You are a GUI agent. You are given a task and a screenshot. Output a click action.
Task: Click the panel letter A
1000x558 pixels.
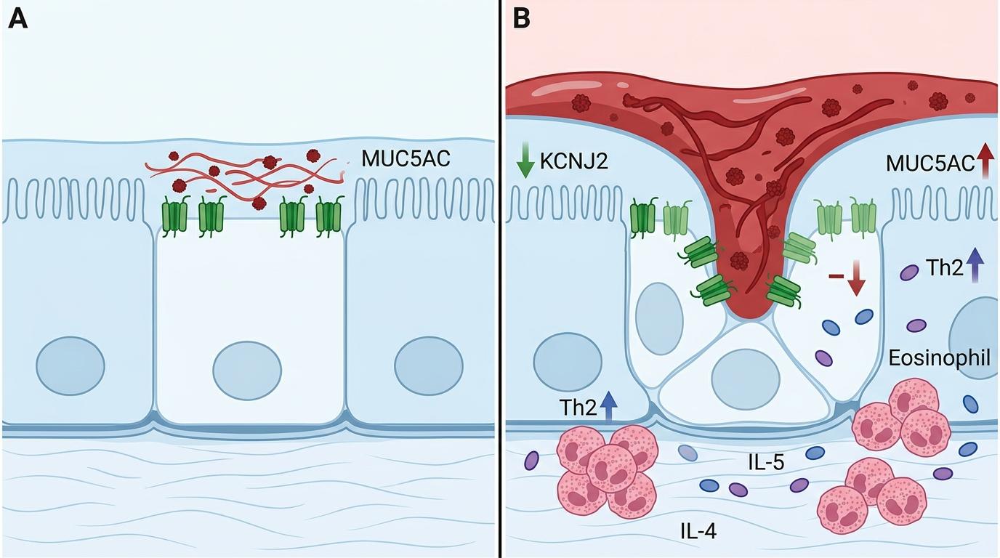pos(18,20)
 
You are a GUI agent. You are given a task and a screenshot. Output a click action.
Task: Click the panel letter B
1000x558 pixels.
pos(521,20)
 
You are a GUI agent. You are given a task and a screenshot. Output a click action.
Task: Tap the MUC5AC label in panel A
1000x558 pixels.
pos(406,158)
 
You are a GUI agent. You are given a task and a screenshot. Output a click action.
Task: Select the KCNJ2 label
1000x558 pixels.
pos(573,161)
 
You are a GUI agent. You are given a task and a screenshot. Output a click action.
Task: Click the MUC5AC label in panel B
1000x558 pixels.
pos(930,163)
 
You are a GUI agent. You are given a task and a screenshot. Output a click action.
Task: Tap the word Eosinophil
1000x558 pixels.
pos(939,357)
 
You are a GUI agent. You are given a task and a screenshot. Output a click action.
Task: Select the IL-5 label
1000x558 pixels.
pos(766,463)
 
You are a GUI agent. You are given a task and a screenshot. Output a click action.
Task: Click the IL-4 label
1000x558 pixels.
pos(698,531)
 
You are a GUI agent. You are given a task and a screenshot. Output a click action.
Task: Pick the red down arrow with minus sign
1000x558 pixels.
pos(847,278)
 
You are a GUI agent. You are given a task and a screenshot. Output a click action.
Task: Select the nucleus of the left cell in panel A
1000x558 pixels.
pos(70,366)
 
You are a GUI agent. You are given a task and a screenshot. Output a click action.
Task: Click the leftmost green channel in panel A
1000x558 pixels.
pos(174,215)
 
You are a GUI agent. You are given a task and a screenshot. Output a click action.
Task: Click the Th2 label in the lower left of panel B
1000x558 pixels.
pos(578,408)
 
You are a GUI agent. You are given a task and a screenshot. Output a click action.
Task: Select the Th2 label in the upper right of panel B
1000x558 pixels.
pos(945,268)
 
